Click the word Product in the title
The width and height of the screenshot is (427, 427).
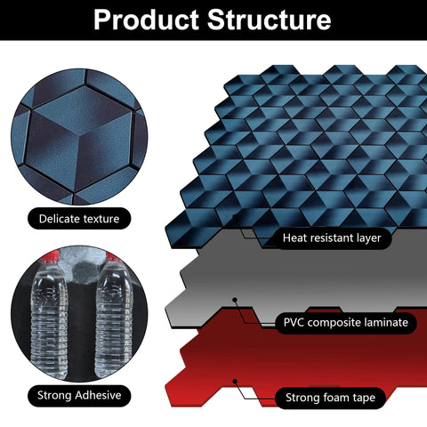[146, 20]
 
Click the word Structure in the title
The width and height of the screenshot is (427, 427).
[269, 20]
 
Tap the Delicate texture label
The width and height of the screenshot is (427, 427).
[79, 219]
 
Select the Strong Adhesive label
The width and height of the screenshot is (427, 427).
[79, 395]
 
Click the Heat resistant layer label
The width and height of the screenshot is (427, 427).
[332, 238]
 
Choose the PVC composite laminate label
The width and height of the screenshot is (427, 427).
[346, 323]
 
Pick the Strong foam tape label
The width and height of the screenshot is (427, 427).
[330, 398]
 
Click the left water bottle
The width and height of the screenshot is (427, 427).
[49, 318]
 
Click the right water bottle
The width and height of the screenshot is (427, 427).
[114, 318]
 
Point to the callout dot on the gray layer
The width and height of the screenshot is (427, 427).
[235, 300]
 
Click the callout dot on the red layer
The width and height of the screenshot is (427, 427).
[235, 382]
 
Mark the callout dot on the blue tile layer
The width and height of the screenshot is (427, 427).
[235, 217]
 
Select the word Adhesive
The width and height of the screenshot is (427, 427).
[98, 395]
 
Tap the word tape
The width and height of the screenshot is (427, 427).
[364, 399]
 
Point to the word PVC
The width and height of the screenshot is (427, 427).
[294, 323]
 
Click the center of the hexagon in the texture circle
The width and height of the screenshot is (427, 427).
[79, 137]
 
